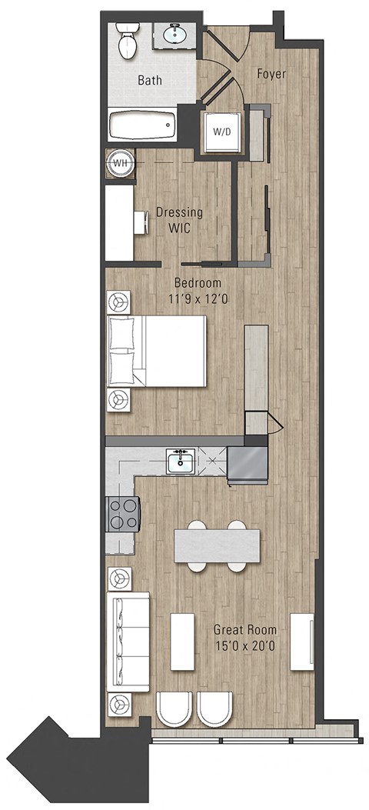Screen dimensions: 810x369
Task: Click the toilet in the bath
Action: [x=127, y=41]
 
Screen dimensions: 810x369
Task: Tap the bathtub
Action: [x=142, y=125]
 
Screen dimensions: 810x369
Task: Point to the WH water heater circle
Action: [x=120, y=163]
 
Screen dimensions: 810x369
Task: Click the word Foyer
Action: [x=271, y=75]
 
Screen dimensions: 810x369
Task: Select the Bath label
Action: [x=149, y=80]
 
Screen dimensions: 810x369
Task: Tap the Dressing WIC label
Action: [x=179, y=220]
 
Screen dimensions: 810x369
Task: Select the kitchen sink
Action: [x=181, y=462]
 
